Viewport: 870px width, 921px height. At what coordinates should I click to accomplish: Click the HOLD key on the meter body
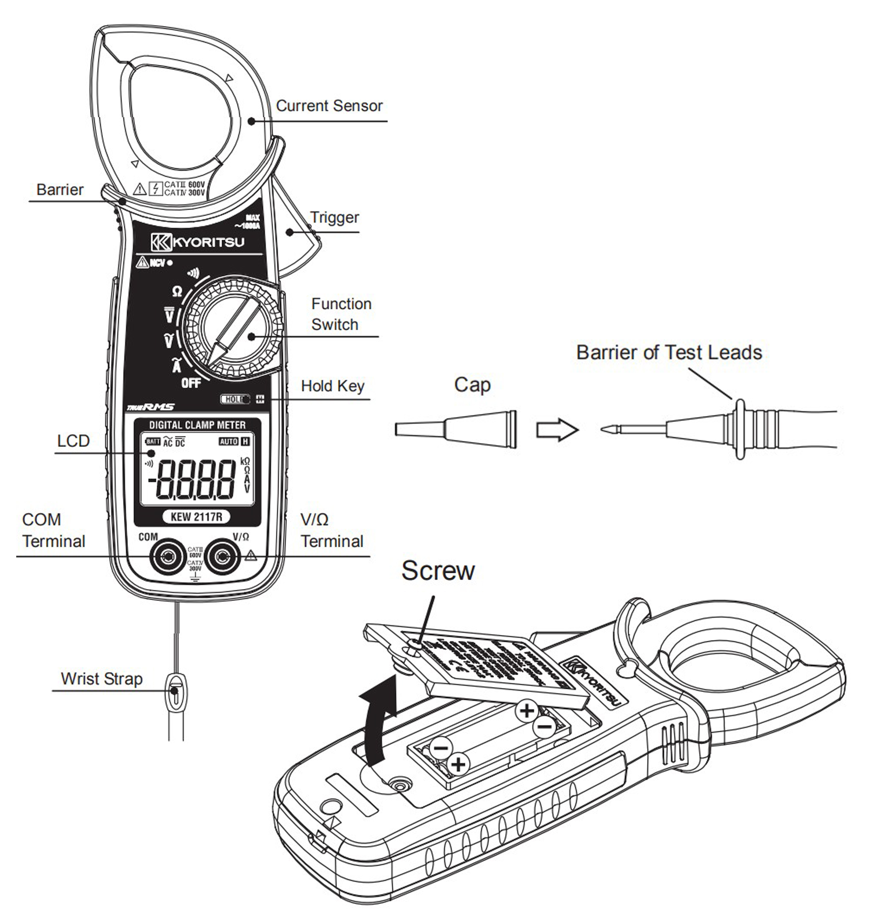pos(235,399)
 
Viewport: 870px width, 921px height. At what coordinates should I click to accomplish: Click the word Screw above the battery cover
pos(438,570)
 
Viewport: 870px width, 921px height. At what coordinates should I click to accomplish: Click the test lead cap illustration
pos(456,429)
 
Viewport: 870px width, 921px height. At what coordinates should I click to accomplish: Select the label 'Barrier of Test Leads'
pos(669,353)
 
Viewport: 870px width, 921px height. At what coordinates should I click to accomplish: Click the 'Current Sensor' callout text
pos(329,106)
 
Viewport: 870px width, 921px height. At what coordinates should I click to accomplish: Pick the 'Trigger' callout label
pos(334,217)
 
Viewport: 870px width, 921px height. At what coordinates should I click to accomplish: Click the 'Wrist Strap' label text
pos(101,679)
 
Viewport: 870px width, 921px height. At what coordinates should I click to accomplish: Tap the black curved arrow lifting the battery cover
pos(378,724)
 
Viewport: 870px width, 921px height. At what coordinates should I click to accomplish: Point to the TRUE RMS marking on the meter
pos(151,407)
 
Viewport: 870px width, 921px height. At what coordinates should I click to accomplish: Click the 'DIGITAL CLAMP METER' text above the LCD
pos(197,425)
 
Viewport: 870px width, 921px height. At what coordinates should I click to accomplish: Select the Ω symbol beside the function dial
pos(177,291)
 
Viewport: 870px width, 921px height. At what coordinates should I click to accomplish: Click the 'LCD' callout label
pos(73,441)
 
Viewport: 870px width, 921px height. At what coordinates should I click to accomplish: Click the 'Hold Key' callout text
pos(332,386)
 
